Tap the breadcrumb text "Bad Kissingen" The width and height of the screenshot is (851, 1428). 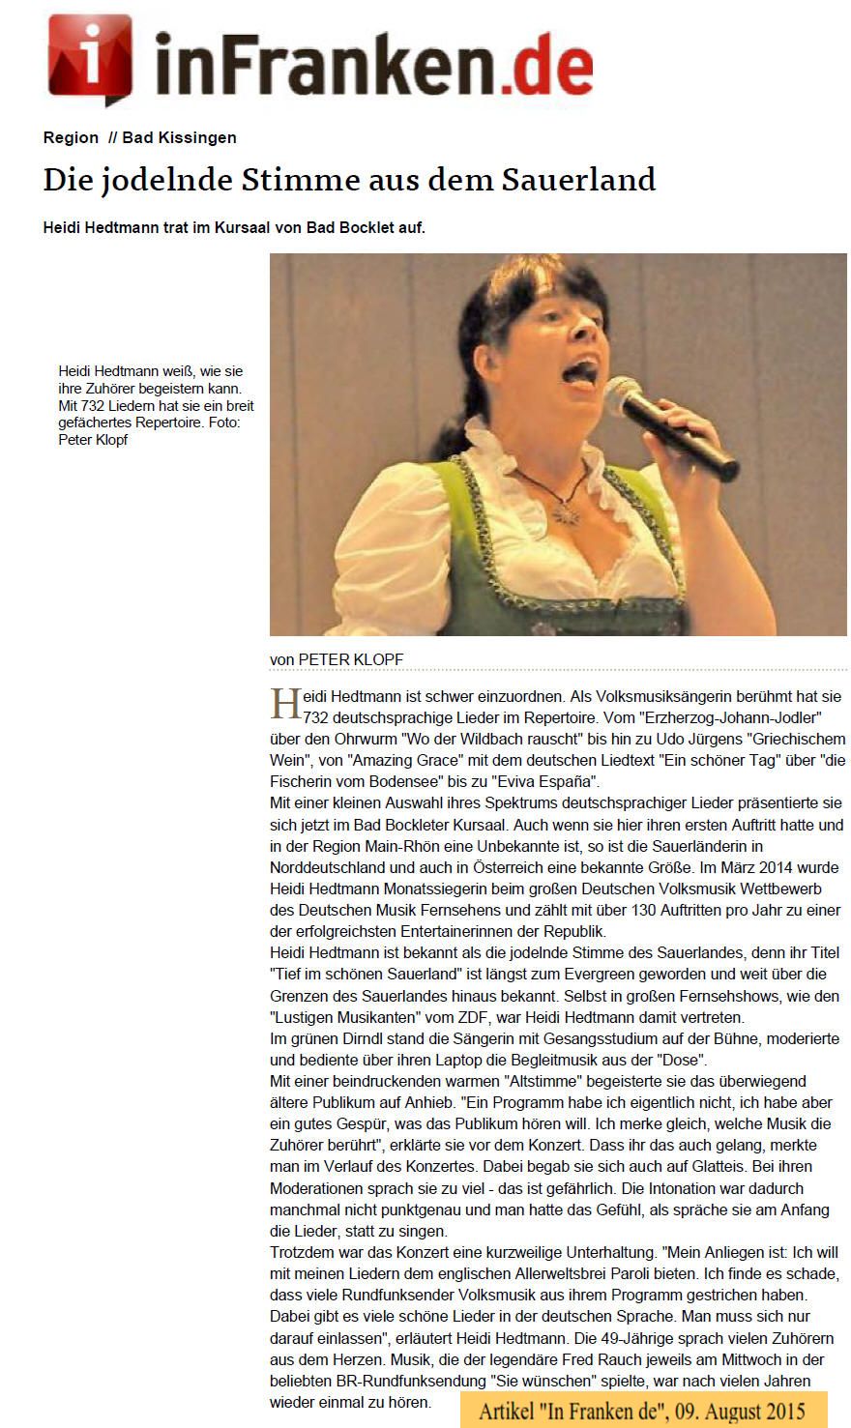(179, 137)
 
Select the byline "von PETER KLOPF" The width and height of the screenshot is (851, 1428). (337, 659)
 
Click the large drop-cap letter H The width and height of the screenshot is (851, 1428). (285, 705)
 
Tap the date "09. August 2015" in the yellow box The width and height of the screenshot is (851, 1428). (734, 1411)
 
